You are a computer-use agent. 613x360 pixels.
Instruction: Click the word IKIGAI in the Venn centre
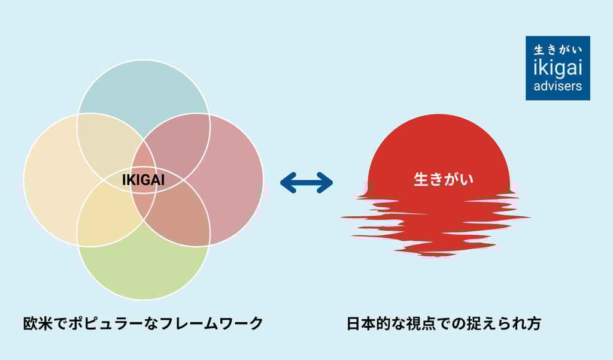click(x=143, y=180)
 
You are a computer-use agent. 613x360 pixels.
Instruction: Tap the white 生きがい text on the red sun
click(x=444, y=179)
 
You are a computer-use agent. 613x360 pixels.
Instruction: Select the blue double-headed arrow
click(x=306, y=183)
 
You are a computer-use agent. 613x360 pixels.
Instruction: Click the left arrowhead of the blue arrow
click(x=287, y=183)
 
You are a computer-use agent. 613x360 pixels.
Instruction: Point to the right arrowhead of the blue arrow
click(x=326, y=183)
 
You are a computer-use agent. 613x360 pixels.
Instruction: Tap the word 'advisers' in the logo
click(x=557, y=86)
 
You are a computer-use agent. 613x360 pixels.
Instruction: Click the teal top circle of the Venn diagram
click(x=144, y=90)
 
